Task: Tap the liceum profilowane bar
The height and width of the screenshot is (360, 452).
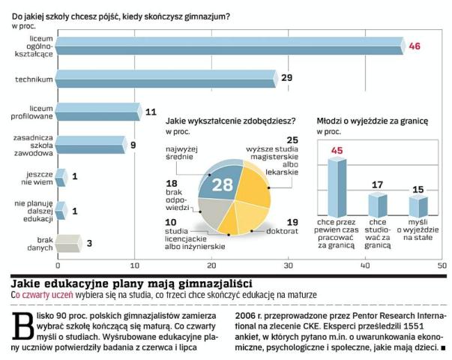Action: click(x=97, y=112)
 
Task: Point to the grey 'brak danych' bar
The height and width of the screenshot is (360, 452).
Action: click(x=68, y=242)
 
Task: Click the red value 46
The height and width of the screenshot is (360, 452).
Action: click(x=415, y=46)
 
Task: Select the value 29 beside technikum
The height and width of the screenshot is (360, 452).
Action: click(x=286, y=78)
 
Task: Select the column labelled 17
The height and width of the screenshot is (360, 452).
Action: click(x=377, y=203)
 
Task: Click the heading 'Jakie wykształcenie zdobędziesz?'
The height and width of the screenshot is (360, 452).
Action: click(x=229, y=120)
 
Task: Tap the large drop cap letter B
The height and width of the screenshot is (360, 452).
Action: click(x=22, y=325)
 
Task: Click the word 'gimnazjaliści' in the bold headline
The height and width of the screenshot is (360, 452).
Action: click(x=211, y=283)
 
